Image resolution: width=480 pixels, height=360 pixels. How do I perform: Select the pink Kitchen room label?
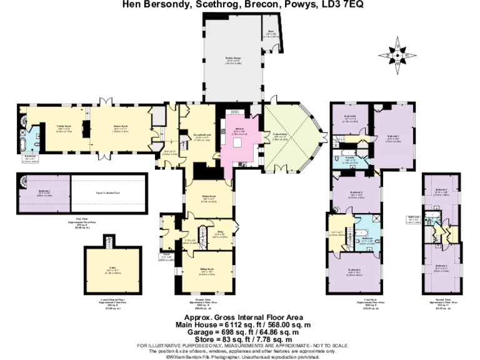pos(240,129)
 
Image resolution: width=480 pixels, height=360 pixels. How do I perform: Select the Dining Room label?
pos(208,196)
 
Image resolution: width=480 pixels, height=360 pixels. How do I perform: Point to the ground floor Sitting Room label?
pos(207,269)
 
